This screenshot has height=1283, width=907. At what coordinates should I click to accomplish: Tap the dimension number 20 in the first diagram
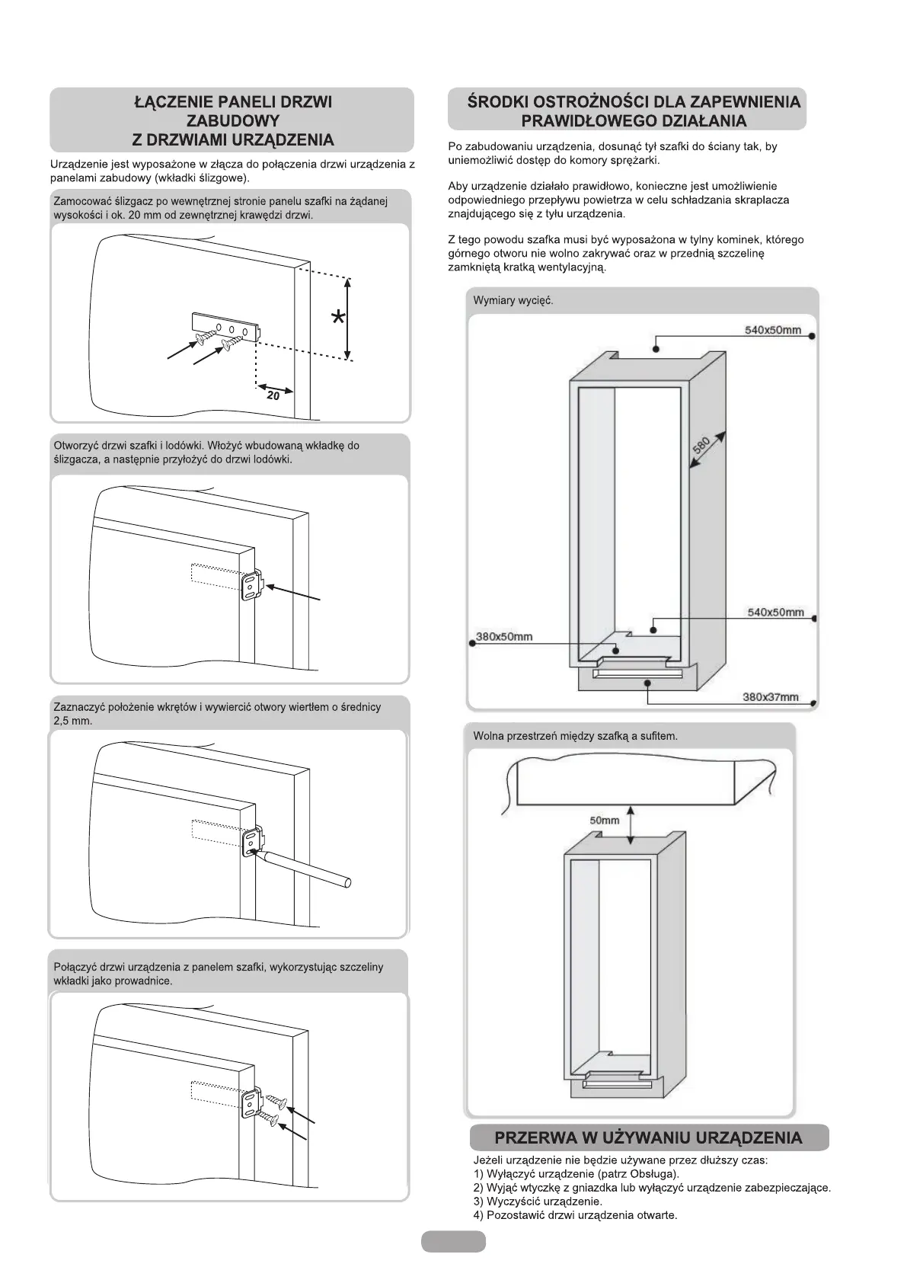coord(273,395)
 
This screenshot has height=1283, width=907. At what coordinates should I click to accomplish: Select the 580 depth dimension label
coord(701,443)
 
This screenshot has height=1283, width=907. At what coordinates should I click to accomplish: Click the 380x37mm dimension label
coord(771,696)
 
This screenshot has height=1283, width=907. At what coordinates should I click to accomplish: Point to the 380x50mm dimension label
coord(504,636)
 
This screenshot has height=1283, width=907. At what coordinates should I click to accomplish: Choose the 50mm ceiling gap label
coord(605,821)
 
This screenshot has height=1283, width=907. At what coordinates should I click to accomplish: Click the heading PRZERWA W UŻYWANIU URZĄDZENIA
coord(648,1138)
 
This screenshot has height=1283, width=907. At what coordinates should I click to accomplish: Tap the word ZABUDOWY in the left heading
coord(232,120)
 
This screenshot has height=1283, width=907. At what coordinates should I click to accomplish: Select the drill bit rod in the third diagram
coord(305,869)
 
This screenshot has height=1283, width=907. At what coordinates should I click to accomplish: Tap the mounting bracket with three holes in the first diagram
coord(228,325)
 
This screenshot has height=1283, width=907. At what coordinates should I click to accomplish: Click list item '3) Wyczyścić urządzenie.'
coord(538,1201)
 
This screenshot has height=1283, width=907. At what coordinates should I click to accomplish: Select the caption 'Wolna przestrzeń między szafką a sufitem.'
coord(575,736)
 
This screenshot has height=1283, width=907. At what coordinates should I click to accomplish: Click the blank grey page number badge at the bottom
coord(453,1242)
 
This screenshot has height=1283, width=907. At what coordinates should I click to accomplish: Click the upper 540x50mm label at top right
coord(772,330)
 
